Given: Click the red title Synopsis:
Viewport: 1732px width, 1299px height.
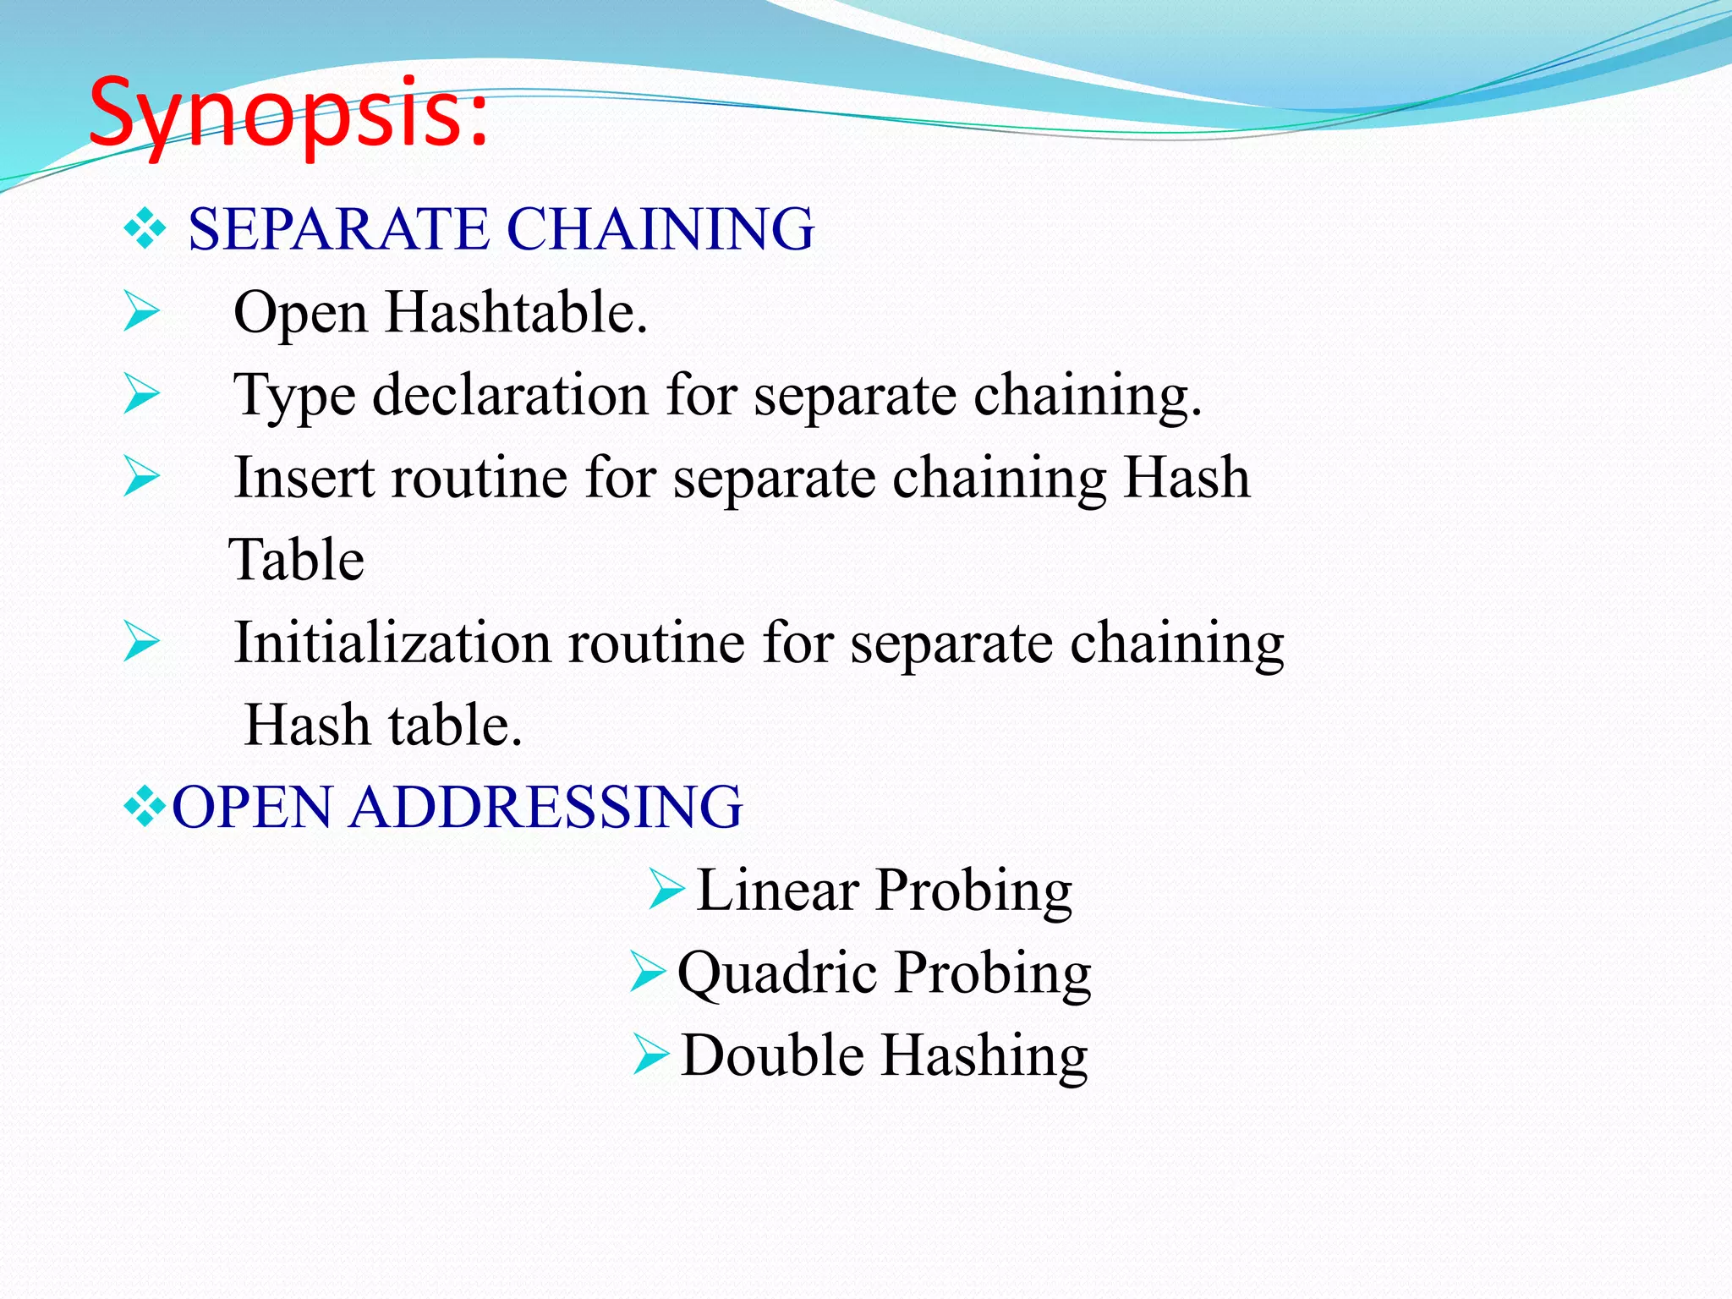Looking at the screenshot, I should [288, 114].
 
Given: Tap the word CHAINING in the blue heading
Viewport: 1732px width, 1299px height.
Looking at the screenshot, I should [660, 229].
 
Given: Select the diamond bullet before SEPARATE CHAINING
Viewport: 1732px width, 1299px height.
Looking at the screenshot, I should [145, 229].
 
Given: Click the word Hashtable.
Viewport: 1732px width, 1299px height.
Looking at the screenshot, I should [516, 312].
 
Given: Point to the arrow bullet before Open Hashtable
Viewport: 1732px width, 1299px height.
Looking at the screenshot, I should [141, 310].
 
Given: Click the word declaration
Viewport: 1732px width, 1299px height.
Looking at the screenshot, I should [510, 395].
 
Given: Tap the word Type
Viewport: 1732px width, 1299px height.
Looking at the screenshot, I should [293, 397].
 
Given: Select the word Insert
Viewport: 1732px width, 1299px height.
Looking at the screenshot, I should [304, 478].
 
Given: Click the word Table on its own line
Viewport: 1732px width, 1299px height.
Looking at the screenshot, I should [297, 560].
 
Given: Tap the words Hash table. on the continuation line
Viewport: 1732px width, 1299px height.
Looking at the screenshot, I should [383, 726].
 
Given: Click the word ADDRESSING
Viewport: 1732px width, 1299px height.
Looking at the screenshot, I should [545, 807].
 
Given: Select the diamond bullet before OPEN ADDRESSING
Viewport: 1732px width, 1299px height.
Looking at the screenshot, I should [145, 807].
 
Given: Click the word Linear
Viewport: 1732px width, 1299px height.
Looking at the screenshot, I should [777, 890].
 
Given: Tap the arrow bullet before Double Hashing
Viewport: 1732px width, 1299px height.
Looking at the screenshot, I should [651, 1055].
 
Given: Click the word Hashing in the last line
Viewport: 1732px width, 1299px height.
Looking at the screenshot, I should [985, 1056].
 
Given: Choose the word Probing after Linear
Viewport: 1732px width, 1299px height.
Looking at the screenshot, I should [973, 891].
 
